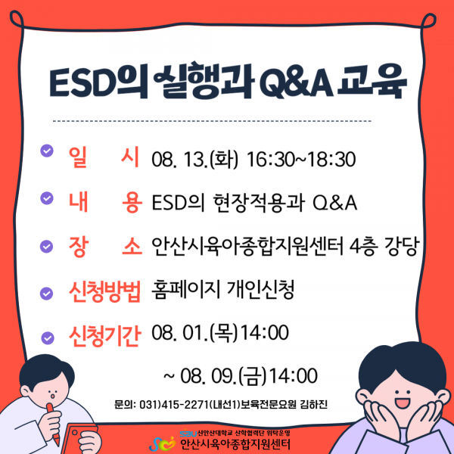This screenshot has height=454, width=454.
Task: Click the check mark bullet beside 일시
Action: pyautogui.click(x=47, y=151)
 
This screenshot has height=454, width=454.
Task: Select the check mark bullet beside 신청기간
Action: pyautogui.click(x=48, y=337)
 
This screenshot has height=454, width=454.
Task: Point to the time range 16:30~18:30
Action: pyautogui.click(x=301, y=160)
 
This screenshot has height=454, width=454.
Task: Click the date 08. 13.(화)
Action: pyautogui.click(x=194, y=160)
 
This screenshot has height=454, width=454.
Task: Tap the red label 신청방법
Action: pyautogui.click(x=104, y=291)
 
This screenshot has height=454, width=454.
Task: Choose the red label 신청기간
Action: pyautogui.click(x=104, y=336)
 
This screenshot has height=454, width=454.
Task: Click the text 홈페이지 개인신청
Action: pyautogui.click(x=223, y=289)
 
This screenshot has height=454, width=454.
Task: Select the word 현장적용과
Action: pyautogui.click(x=259, y=203)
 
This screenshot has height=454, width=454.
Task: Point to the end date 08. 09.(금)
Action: pyautogui.click(x=222, y=376)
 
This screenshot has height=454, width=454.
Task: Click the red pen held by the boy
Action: pyautogui.click(x=53, y=424)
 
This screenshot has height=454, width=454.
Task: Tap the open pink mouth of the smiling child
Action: pyautogui.click(x=403, y=403)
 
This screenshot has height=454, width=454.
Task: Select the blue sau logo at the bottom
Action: pyautogui.click(x=188, y=434)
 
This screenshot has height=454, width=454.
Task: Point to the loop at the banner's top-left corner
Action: pyautogui.click(x=17, y=20)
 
